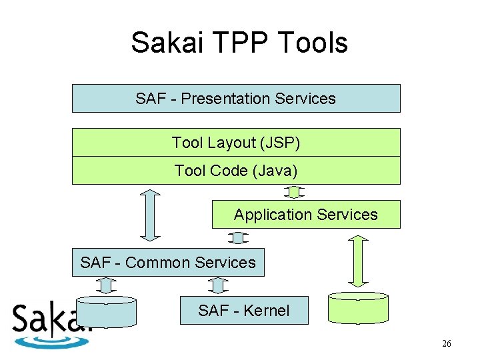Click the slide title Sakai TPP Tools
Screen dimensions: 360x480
(239, 43)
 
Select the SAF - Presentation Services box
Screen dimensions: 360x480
(236, 99)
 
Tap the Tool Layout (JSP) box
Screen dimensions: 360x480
(236, 143)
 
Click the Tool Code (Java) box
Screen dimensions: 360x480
(236, 171)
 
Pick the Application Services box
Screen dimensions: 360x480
(306, 215)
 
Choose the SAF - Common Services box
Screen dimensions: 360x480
(168, 263)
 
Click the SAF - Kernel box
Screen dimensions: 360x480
(244, 311)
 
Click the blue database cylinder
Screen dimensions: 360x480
(107, 311)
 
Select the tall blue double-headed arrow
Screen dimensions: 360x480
(151, 215)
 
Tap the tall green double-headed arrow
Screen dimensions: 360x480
(359, 261)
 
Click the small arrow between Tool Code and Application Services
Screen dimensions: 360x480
(293, 193)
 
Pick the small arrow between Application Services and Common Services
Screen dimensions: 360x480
(237, 238)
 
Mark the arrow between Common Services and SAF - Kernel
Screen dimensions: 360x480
(218, 286)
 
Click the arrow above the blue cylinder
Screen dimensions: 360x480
(105, 286)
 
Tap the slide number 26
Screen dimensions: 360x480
(447, 344)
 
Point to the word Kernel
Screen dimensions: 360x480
(266, 311)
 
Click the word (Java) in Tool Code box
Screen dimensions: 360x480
(275, 171)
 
